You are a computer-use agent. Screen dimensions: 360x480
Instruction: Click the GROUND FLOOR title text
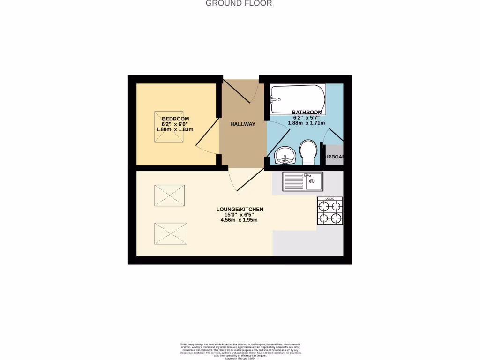(x=239, y=3)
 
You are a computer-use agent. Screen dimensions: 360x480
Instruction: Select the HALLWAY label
(x=243, y=124)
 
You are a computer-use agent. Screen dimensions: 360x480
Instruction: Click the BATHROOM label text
(x=307, y=112)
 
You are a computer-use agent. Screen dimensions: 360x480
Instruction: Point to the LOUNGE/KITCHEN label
(x=240, y=210)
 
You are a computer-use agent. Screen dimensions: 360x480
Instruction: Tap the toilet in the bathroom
(x=308, y=151)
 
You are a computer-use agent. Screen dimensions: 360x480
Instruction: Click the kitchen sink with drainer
(x=302, y=181)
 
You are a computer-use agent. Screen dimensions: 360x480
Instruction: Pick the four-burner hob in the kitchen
(x=330, y=211)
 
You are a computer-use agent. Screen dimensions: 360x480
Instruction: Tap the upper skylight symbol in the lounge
(x=169, y=195)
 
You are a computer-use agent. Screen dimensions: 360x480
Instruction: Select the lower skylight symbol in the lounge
(x=170, y=233)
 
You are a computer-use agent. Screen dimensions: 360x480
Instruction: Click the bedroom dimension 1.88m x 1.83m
(x=175, y=129)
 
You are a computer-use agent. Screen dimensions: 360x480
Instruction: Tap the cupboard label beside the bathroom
(x=334, y=157)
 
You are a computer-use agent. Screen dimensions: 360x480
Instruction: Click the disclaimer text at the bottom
(x=240, y=351)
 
